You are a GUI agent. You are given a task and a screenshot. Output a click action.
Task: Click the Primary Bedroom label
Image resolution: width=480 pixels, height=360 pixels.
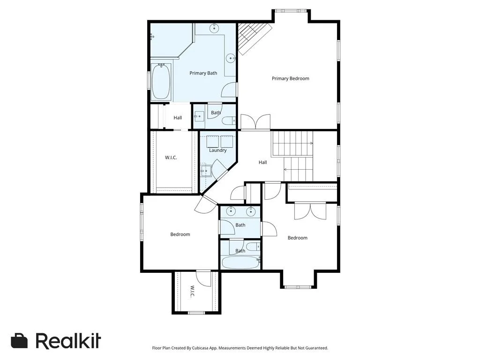point(290,78)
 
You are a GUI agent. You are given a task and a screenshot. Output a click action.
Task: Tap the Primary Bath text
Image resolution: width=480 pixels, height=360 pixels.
point(203,73)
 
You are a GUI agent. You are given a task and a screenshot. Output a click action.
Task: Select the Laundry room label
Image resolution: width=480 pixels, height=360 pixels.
point(217,150)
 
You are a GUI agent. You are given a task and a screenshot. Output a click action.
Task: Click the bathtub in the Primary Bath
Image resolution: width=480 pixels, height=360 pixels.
point(161,81)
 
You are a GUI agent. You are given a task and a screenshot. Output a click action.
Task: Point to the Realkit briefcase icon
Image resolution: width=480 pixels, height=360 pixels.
point(19,341)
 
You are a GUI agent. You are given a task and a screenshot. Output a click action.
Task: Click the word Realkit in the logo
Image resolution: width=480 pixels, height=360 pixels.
point(68,340)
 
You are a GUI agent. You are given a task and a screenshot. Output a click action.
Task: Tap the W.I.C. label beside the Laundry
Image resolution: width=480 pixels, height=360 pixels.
point(171,157)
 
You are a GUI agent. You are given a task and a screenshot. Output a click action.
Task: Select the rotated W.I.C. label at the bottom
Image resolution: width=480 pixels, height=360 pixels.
point(192,292)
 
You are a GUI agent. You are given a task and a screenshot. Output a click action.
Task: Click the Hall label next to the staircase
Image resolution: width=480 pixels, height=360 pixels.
point(262,162)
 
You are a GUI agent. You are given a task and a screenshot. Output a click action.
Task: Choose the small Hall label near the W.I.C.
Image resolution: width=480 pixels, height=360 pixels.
point(178,118)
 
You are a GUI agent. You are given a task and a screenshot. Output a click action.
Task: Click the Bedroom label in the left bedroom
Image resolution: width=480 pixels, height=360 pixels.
point(180,234)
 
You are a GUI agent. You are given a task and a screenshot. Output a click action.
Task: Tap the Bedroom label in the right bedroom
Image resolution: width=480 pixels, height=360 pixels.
point(297,238)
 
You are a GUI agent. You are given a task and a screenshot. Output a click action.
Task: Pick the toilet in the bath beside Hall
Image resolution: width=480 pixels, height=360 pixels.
point(229,120)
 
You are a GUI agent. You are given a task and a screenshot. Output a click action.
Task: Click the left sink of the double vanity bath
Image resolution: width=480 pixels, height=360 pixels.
point(230,210)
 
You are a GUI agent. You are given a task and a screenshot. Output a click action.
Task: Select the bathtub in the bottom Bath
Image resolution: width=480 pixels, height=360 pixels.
point(240,262)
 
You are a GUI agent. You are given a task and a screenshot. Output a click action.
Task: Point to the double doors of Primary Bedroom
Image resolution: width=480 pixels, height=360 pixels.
point(255,122)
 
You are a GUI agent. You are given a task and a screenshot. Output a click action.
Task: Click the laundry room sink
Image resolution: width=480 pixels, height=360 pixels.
point(206,170)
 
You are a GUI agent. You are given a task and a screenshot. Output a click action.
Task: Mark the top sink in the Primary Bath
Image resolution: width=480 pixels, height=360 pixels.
point(214,29)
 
